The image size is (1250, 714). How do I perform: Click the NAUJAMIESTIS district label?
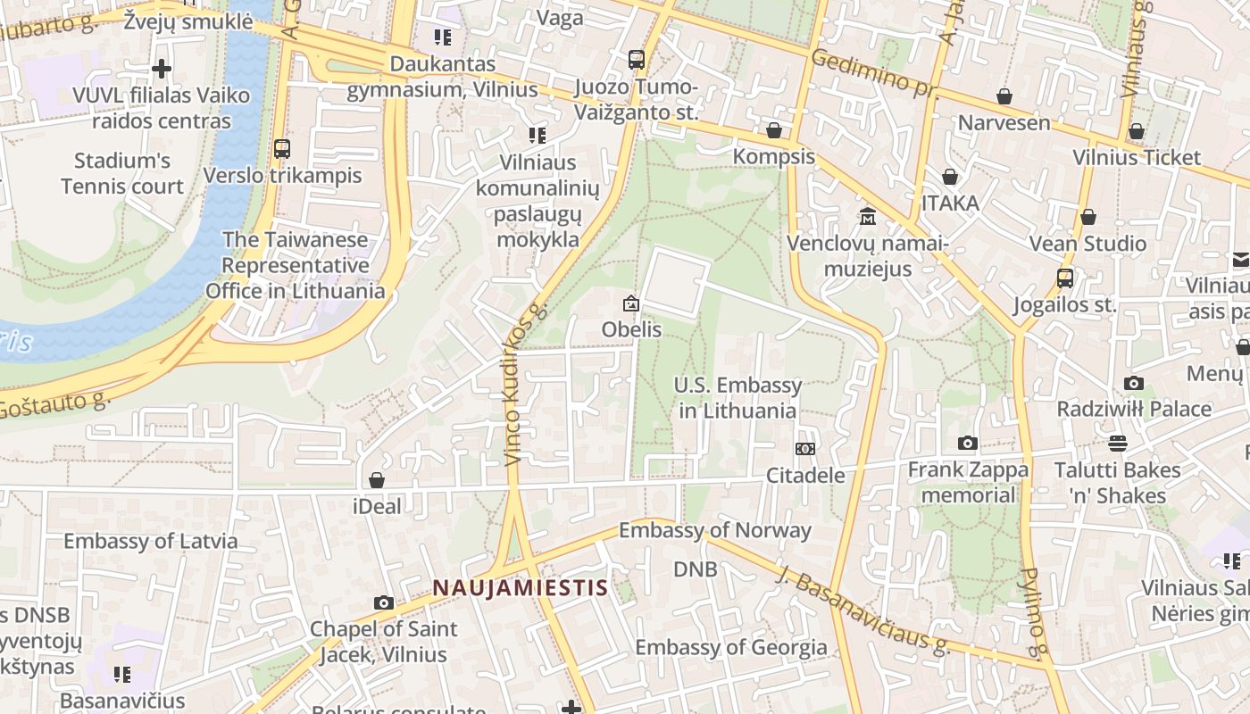[520, 588]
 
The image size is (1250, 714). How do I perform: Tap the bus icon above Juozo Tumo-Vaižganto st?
[636, 60]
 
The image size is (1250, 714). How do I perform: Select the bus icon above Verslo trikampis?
[282, 149]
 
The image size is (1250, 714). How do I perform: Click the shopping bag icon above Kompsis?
[774, 130]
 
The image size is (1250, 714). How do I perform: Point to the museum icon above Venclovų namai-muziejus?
[867, 217]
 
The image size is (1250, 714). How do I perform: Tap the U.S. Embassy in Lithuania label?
[737, 398]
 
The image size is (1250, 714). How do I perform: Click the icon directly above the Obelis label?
[631, 304]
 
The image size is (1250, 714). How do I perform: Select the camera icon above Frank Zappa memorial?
[967, 444]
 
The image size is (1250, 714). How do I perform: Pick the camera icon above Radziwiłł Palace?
[1134, 384]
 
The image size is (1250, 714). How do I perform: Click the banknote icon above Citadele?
[805, 449]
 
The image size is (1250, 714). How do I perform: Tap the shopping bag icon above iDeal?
[377, 481]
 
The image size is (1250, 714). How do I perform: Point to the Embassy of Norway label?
[714, 530]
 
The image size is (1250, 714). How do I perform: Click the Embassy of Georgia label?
[730, 647]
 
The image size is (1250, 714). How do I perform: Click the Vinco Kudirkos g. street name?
[523, 384]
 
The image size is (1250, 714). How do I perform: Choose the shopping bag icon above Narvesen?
[1004, 96]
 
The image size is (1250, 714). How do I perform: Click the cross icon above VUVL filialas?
[162, 69]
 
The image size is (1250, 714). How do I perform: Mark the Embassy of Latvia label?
[151, 541]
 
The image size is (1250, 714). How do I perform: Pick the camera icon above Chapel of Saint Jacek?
[384, 603]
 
